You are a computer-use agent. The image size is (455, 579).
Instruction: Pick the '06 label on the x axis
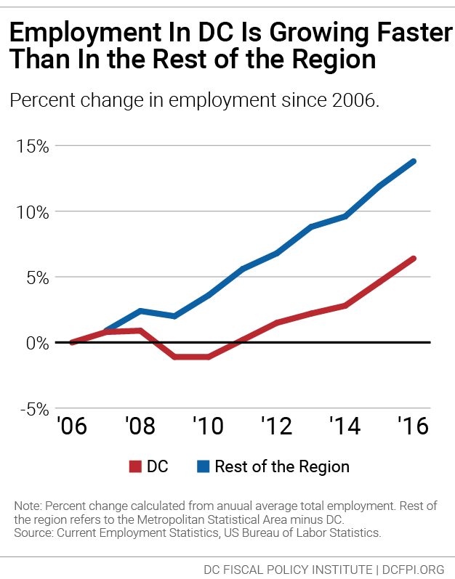[72, 426]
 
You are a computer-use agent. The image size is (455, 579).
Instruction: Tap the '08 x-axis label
[140, 426]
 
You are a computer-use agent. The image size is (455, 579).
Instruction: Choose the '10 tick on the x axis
[207, 426]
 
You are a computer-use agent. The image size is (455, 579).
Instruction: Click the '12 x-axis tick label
[275, 426]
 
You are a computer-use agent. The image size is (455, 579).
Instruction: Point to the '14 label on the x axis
[344, 426]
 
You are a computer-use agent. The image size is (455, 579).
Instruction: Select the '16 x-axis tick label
[412, 426]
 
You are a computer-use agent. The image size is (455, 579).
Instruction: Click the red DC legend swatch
[134, 466]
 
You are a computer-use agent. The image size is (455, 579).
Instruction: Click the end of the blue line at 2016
[414, 161]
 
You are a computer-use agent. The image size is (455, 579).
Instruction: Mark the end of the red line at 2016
[413, 259]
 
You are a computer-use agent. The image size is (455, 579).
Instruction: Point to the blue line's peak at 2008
[140, 311]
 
